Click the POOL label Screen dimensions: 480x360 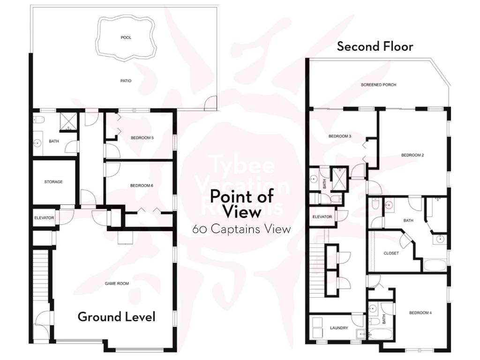coord(126,37)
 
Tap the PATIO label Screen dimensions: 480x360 coord(126,81)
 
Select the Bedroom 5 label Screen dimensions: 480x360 coord(142,138)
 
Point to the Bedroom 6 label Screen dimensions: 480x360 coord(142,186)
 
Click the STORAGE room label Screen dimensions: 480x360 coord(53,182)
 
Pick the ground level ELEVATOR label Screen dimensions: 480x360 coord(44,218)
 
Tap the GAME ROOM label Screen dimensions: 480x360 coord(117,284)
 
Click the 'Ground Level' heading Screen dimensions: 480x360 coord(116,316)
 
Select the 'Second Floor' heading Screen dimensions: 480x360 coord(375,46)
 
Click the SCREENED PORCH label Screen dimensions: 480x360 coord(378,85)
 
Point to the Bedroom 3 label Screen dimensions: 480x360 coord(340,136)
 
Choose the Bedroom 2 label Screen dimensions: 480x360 coord(412,155)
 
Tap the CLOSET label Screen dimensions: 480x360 coord(391,254)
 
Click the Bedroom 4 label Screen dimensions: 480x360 coord(420,313)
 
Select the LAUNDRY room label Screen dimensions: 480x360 coord(339,328)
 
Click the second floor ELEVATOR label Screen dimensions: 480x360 coord(322,217)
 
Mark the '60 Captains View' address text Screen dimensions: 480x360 coord(241,229)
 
